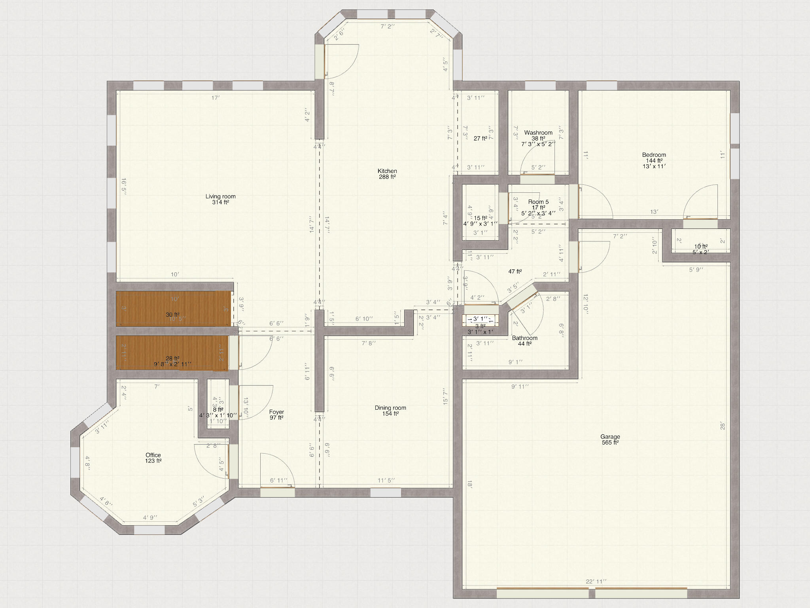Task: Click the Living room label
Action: [220, 196]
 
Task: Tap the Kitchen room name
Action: [387, 171]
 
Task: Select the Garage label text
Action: [610, 437]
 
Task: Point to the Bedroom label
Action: [654, 155]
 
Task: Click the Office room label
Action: [153, 455]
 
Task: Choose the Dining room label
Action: [390, 408]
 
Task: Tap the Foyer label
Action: [276, 412]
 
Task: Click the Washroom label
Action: [538, 133]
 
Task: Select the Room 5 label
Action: [538, 202]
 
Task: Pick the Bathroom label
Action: [524, 338]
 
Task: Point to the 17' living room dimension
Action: [215, 97]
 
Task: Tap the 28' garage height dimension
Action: [722, 426]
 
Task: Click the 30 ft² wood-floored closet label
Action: [172, 315]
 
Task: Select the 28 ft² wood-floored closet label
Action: [172, 358]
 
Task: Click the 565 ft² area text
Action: [610, 443]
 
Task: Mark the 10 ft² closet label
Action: [700, 246]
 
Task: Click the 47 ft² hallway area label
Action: [515, 272]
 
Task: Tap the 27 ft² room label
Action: [480, 139]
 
